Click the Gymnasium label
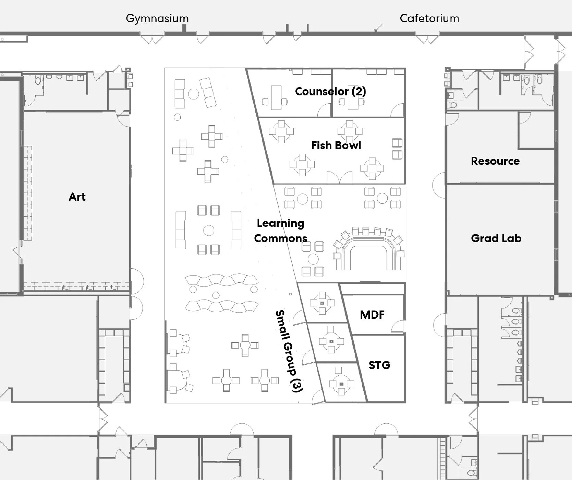pos(157,19)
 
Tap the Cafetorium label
pos(429,19)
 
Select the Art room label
pos(77,197)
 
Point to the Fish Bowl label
pos(336,145)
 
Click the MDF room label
pos(372,315)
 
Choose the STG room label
pos(379,365)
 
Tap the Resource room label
pos(495,161)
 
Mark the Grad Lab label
pos(496,238)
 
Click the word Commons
pos(280,238)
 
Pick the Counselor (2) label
pos(330,92)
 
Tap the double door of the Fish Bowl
pos(339,177)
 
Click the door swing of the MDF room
pos(398,326)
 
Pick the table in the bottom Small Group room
pos(341,384)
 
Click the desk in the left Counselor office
pos(276,97)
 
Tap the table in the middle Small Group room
pos(331,342)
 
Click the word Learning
pos(280,223)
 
